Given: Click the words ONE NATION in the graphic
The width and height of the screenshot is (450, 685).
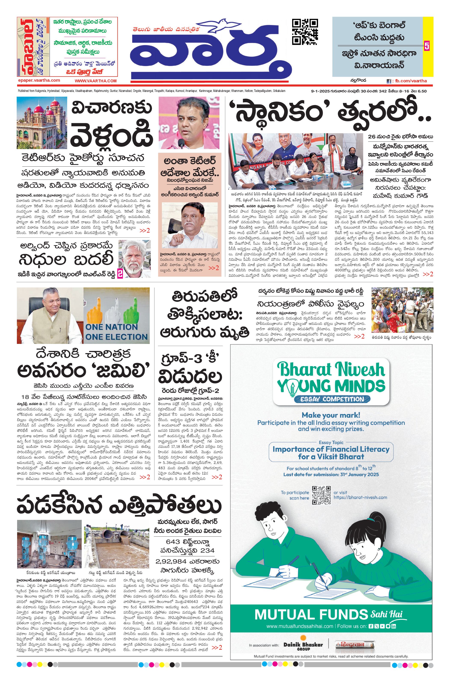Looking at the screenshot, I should [111, 327].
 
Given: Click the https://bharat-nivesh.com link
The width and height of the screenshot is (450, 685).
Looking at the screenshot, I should [360, 497].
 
